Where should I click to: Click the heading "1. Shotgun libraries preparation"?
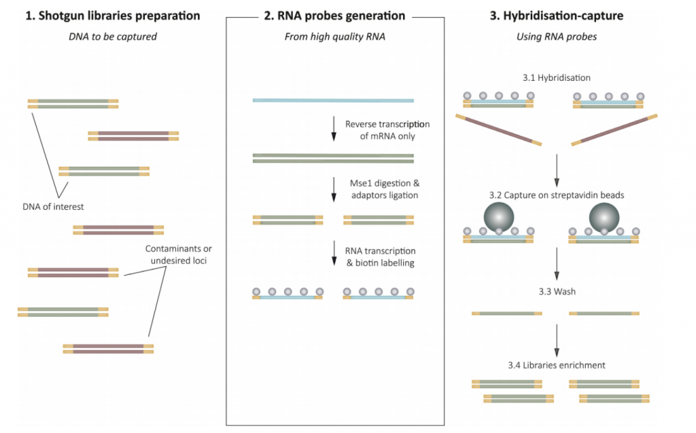113,16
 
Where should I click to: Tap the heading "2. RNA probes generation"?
334,16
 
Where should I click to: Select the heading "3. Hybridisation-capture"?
557,16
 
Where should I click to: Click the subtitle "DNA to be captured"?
113,37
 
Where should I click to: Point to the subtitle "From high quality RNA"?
334,37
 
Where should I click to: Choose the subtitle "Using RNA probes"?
557,37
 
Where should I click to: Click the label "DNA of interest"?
53,206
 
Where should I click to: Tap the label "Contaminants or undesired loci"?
179,255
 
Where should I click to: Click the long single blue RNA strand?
333,100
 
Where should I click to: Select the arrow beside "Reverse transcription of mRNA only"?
334,128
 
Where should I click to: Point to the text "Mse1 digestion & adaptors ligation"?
385,189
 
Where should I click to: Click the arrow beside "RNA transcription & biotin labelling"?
334,253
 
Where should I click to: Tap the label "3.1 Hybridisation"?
557,77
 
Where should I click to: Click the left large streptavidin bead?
499,217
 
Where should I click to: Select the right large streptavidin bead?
604,217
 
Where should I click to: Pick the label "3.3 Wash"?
557,292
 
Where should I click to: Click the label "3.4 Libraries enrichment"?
557,365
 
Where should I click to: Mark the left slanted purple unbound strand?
498,130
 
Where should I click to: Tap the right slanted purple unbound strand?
614,130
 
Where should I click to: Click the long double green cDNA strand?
333,158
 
